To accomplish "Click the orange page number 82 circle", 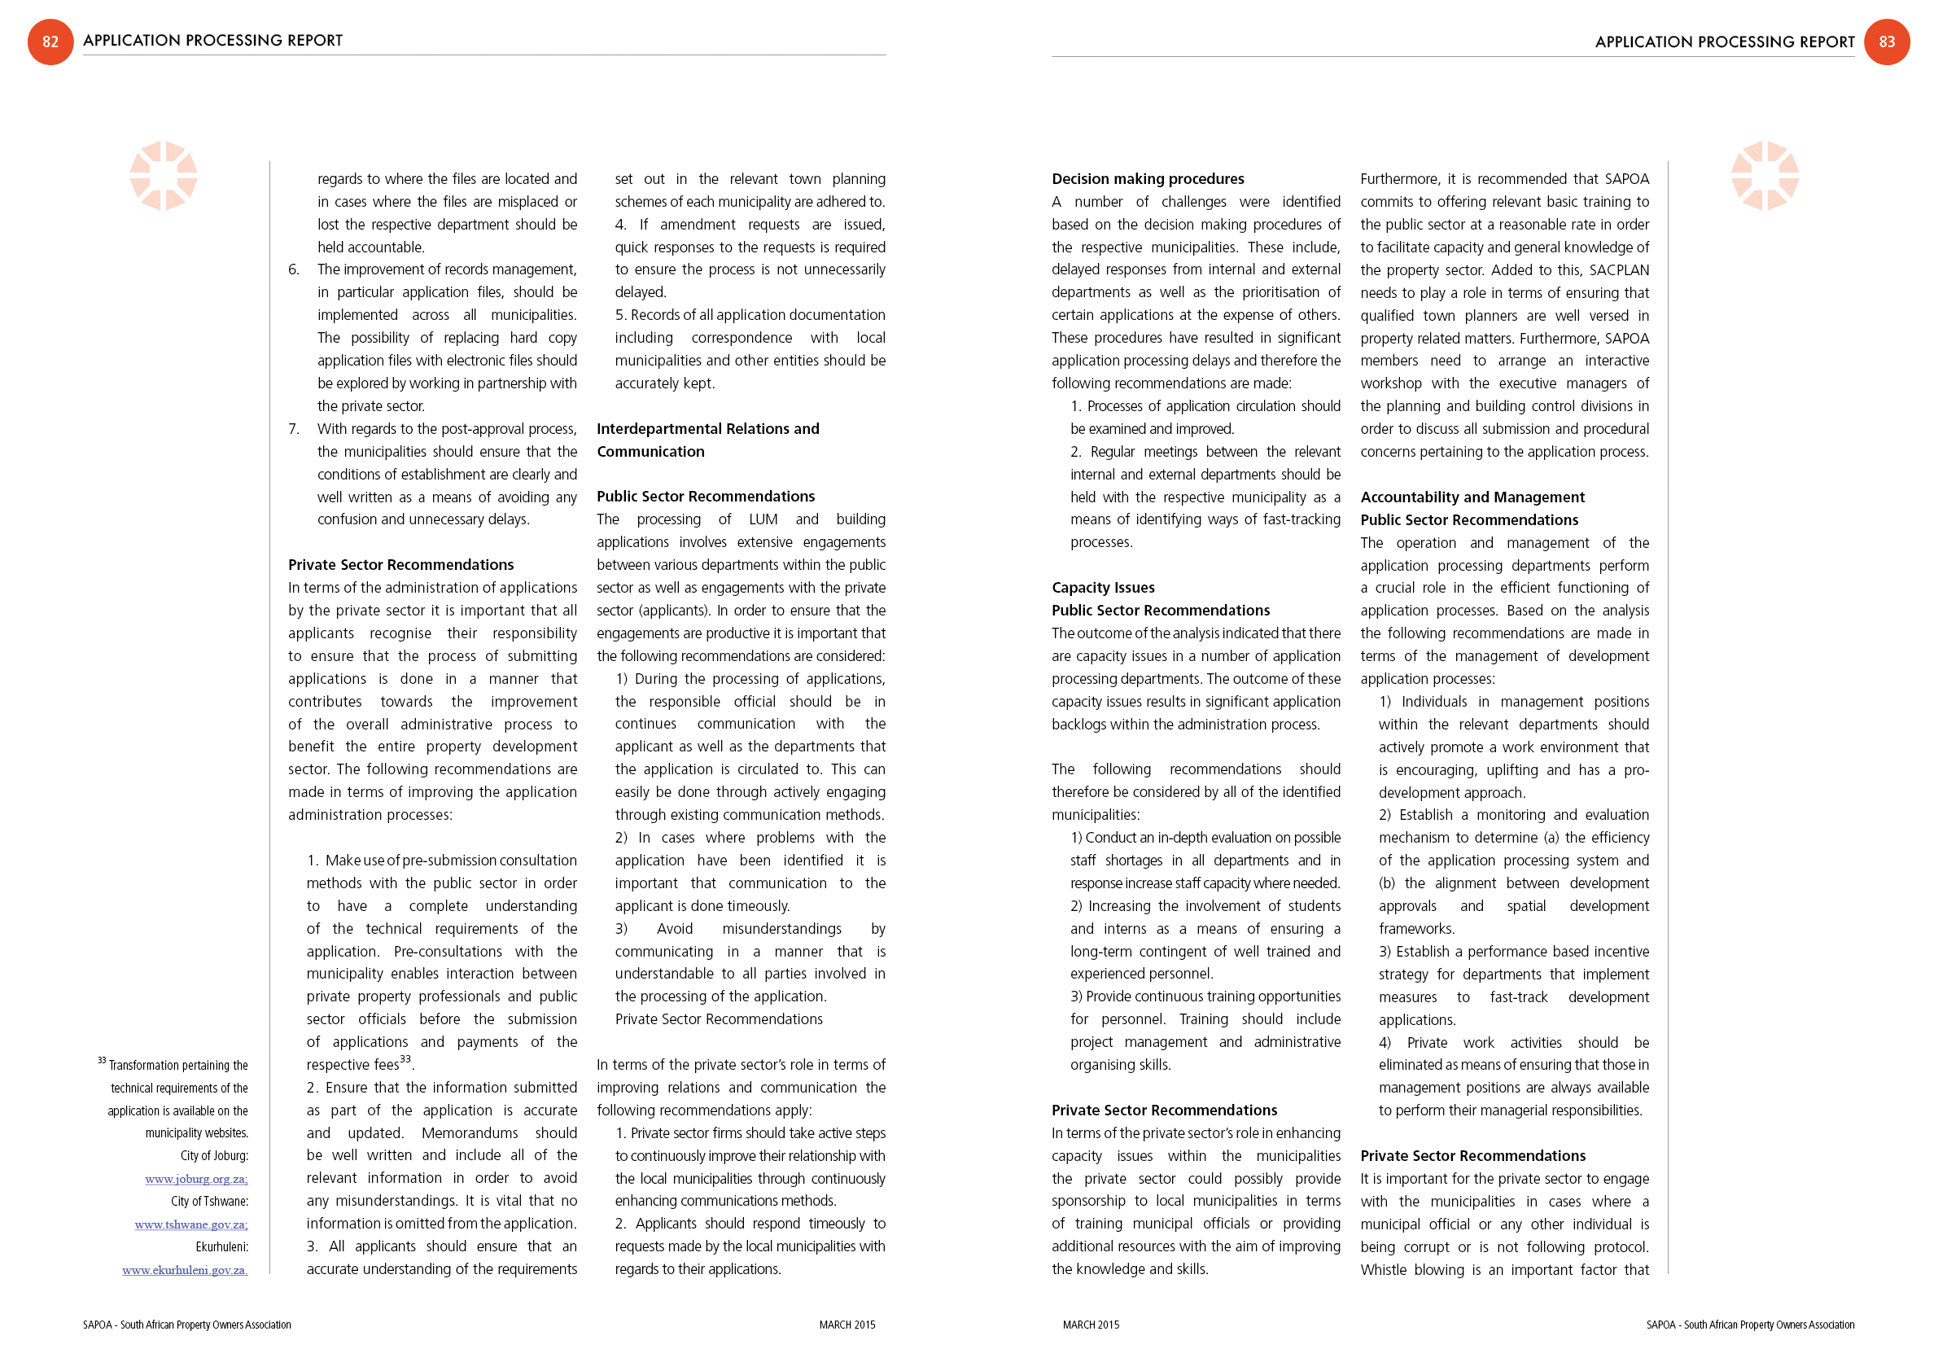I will click(50, 42).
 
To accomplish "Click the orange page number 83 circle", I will click(1887, 42).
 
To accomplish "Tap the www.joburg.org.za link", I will click(196, 1179).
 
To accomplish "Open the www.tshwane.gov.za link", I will click(190, 1224).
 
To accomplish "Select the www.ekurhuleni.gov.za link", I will click(185, 1270).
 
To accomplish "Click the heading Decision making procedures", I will click(1147, 179).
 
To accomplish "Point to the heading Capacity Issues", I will click(1102, 588).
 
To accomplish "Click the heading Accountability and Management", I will click(1472, 497).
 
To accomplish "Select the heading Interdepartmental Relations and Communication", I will click(707, 440).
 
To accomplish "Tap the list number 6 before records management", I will click(293, 269).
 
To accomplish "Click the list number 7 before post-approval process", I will click(293, 429).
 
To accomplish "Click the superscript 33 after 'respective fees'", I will click(405, 1059).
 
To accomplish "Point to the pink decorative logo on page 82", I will click(163, 176).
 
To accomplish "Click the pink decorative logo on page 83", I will click(1764, 176).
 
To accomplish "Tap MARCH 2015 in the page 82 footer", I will click(847, 1325).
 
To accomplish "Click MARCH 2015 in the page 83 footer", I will click(1091, 1325).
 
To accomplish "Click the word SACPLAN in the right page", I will click(1619, 270).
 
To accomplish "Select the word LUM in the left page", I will click(762, 519).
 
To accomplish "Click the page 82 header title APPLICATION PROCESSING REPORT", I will click(212, 41).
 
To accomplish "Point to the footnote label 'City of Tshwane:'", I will click(209, 1202).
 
